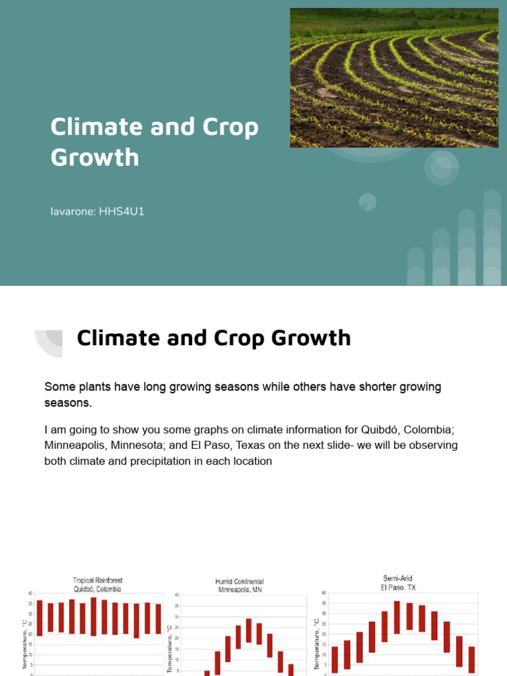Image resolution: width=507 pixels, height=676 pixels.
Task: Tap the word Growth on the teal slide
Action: (95, 158)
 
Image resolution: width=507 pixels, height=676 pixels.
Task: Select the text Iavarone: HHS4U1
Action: (97, 213)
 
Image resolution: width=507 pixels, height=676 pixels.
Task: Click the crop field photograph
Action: (394, 78)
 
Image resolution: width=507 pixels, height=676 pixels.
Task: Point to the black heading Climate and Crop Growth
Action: (213, 338)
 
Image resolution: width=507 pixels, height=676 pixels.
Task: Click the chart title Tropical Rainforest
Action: (98, 580)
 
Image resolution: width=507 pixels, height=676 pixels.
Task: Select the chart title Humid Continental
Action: (238, 582)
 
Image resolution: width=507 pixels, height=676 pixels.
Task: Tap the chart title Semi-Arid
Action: (397, 578)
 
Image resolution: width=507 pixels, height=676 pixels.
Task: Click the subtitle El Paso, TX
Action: (397, 587)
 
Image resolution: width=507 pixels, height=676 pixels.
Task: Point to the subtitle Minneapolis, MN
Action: (239, 590)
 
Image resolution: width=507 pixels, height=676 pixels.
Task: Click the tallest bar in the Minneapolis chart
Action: (249, 630)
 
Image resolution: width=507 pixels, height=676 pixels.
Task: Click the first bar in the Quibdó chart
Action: (40, 618)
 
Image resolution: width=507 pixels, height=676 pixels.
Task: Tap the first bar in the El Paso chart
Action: (335, 659)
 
